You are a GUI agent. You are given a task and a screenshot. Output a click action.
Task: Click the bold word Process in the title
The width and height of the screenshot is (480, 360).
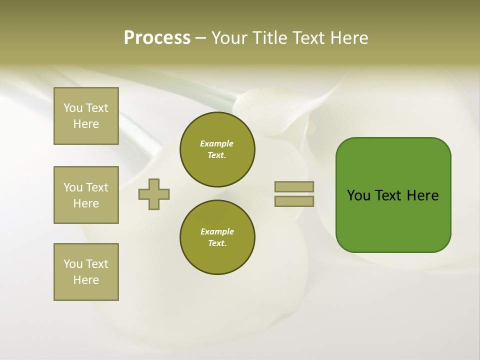(x=157, y=38)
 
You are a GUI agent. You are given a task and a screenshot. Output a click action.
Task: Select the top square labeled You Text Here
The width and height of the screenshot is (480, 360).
(x=86, y=116)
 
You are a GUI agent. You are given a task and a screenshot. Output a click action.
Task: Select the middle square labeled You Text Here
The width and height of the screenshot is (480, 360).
(x=86, y=195)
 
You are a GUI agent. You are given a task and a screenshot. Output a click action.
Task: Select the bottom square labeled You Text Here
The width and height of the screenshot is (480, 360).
(x=86, y=272)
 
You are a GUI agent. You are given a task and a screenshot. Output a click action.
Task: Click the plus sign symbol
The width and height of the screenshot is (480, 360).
(x=154, y=194)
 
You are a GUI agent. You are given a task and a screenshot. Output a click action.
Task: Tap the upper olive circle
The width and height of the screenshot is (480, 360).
(x=217, y=149)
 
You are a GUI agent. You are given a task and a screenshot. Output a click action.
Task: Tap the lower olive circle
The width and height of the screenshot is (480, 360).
(x=217, y=237)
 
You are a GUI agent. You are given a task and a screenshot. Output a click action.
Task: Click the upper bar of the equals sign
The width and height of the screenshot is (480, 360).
(x=294, y=186)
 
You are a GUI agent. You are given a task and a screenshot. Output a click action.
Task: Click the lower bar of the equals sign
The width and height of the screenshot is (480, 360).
(x=294, y=201)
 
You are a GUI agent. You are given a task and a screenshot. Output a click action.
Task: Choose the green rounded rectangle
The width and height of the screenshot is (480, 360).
(x=393, y=195)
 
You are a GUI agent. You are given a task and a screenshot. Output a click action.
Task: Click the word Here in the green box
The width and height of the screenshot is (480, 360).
(x=422, y=195)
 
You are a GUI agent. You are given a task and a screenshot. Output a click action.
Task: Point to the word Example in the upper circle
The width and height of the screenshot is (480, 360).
(x=217, y=143)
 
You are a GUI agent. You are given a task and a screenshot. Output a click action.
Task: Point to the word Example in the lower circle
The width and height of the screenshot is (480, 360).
(x=217, y=231)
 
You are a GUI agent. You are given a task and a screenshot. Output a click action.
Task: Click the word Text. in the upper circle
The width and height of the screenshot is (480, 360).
(x=217, y=155)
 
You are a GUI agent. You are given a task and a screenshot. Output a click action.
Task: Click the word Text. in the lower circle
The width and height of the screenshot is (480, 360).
(x=217, y=243)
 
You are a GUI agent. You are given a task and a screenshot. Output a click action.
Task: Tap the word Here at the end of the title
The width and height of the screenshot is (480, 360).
(x=350, y=38)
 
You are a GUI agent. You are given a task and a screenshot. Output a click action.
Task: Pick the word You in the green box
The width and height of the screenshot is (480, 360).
(x=359, y=195)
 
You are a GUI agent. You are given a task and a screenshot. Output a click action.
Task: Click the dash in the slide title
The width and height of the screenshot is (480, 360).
(x=200, y=38)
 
